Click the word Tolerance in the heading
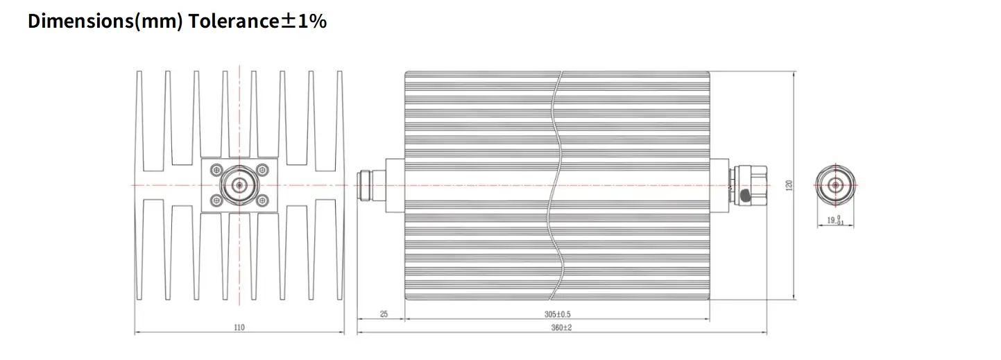click(234, 21)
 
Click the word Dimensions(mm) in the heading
click(105, 22)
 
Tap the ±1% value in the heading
click(304, 21)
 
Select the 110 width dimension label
click(239, 327)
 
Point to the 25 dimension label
click(384, 314)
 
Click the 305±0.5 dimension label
click(557, 314)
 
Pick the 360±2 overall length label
click(561, 327)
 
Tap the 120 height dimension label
click(789, 185)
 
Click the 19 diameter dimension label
click(835, 220)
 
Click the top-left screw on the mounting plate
click(216, 170)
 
